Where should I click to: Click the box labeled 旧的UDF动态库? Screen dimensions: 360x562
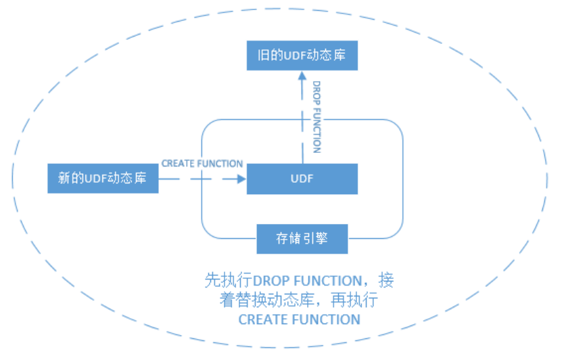coord(302,55)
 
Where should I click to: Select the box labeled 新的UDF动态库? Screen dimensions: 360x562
coord(103,179)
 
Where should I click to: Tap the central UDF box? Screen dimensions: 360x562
coord(302,179)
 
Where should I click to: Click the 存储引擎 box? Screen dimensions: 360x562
coord(302,238)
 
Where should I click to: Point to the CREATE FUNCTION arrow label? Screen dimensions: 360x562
coord(202,164)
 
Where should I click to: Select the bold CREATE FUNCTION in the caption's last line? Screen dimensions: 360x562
coord(299,319)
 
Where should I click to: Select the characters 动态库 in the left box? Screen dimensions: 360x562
coord(131,179)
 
